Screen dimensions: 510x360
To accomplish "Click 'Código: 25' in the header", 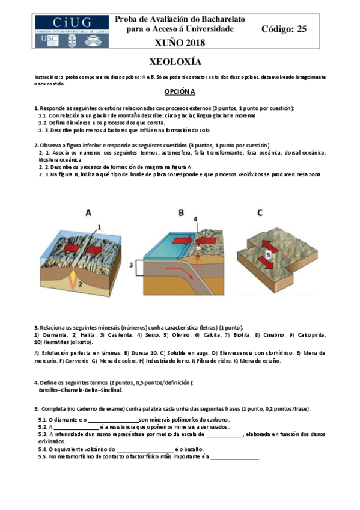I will click(284, 29).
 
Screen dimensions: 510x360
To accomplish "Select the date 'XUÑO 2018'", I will click(180, 43).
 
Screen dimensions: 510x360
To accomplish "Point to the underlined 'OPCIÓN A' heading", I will click(180, 91).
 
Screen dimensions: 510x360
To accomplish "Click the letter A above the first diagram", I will click(88, 212).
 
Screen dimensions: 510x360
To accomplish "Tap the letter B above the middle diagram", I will click(181, 212).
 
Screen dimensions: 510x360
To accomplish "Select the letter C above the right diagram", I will click(259, 212).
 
